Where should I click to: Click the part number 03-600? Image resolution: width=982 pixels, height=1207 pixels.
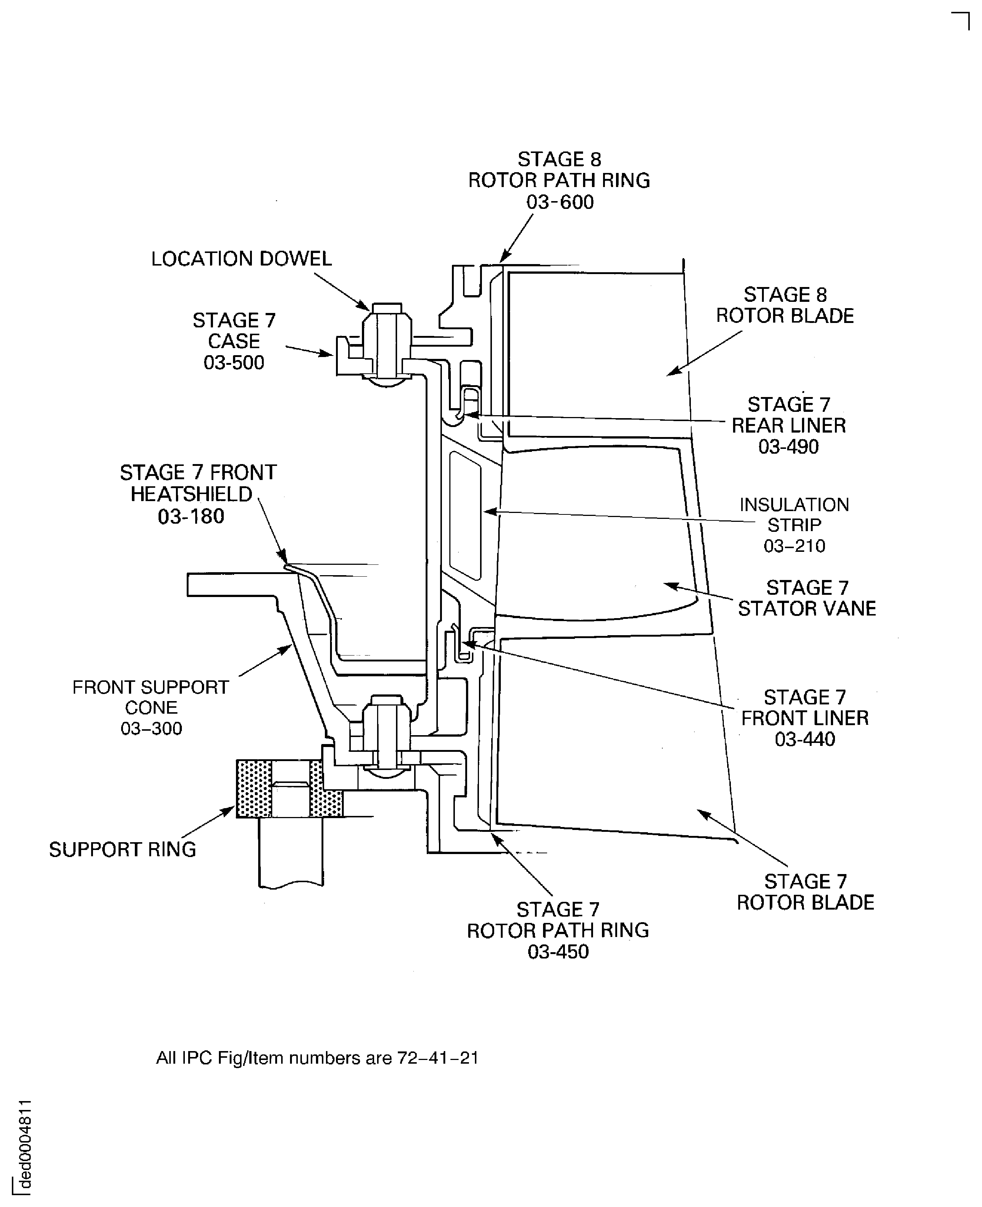[x=560, y=203]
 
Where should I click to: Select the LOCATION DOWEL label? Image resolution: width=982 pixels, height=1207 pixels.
[x=242, y=259]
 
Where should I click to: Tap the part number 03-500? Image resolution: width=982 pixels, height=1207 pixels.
[x=234, y=363]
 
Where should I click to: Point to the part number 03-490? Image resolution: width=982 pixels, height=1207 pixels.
[x=789, y=447]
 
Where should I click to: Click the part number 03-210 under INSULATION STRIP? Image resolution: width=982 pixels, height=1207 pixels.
[x=794, y=546]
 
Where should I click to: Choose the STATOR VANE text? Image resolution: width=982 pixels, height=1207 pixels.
[x=807, y=608]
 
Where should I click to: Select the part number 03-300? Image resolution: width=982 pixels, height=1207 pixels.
[x=151, y=728]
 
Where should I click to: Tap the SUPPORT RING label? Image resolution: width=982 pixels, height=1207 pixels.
[x=122, y=850]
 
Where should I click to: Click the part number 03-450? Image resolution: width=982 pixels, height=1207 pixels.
[x=558, y=952]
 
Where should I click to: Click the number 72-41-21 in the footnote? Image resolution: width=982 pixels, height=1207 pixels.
[x=438, y=1058]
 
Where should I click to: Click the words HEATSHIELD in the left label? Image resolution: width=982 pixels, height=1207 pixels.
[x=191, y=494]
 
